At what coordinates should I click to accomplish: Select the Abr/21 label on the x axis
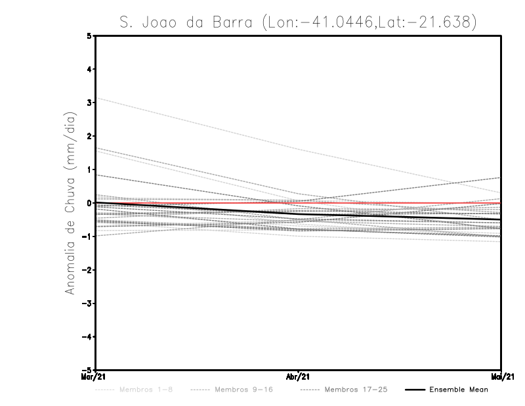(x=298, y=377)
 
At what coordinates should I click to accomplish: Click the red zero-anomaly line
(x=394, y=203)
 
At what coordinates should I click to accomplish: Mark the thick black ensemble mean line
(x=197, y=208)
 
